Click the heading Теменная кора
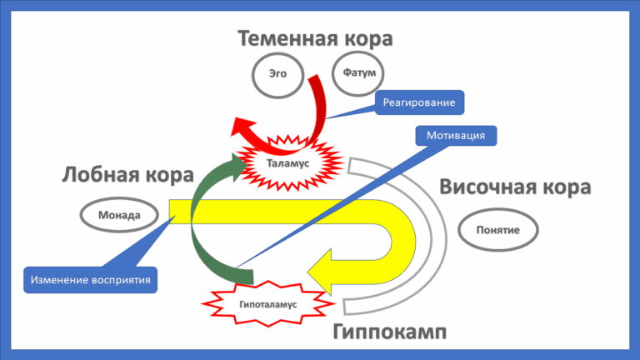[x=315, y=38]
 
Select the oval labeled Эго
[x=277, y=74]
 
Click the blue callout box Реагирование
[x=420, y=102]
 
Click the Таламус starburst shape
[x=288, y=163]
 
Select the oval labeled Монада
[x=119, y=215]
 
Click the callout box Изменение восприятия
[x=91, y=280]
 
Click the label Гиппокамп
[x=389, y=332]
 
